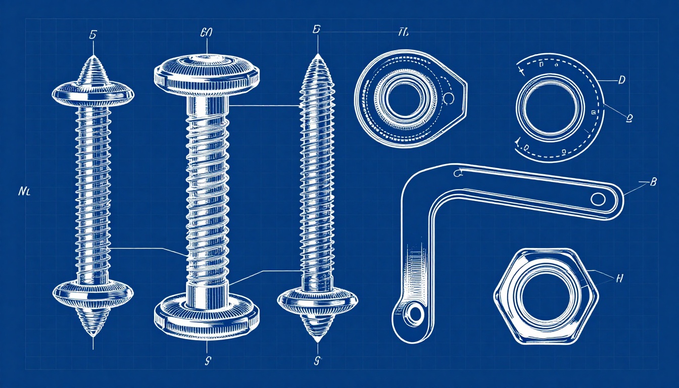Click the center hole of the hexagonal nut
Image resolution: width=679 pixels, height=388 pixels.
[545, 295]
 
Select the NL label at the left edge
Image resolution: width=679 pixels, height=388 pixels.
[24, 191]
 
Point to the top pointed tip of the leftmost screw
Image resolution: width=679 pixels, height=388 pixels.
[93, 57]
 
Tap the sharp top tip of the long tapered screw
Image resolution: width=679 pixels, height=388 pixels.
[317, 55]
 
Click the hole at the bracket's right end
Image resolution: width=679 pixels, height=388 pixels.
[598, 199]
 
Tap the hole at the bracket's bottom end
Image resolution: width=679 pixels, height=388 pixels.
[415, 314]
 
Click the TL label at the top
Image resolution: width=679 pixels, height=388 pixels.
[403, 33]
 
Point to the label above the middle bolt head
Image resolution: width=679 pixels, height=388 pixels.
[207, 33]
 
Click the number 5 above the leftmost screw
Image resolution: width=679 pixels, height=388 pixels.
[92, 35]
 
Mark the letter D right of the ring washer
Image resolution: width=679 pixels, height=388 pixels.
[622, 79]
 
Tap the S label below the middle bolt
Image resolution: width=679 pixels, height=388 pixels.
[207, 360]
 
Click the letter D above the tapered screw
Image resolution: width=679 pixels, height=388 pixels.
[317, 29]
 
